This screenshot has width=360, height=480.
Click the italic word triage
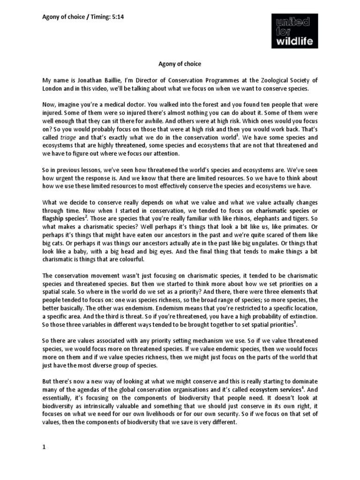[x=69, y=138]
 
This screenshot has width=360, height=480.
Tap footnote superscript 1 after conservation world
[x=238, y=135]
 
